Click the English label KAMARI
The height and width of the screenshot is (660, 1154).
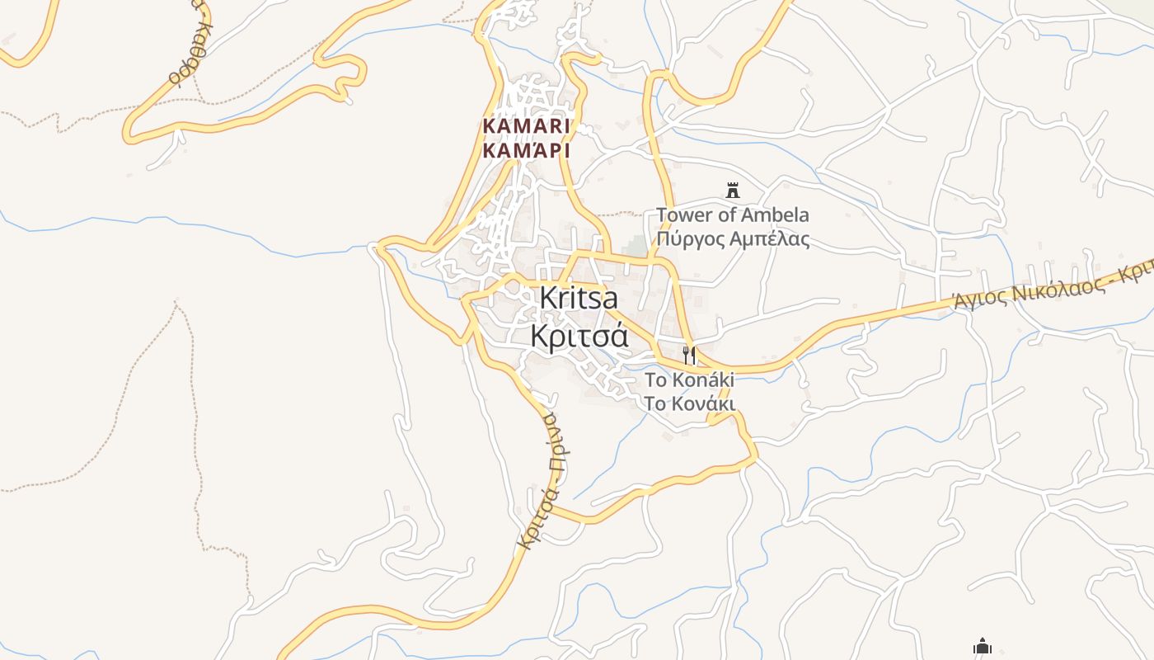[x=526, y=126]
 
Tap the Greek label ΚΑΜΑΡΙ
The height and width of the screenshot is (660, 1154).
[x=526, y=151]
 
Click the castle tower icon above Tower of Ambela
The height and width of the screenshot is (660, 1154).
[x=732, y=191]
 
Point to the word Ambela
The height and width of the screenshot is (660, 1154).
[x=775, y=215]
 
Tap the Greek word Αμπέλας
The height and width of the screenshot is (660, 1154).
[x=771, y=239]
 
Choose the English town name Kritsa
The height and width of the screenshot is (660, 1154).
[x=579, y=298]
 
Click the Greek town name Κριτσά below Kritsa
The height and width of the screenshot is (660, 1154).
[x=579, y=335]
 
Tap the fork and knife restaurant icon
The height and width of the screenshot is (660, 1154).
[x=689, y=356]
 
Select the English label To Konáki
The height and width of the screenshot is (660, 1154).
[x=689, y=380]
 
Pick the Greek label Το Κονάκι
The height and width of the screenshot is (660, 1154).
[x=689, y=403]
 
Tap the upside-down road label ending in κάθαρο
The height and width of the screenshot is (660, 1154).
[x=188, y=49]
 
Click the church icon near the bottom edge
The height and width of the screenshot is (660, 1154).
[x=982, y=645]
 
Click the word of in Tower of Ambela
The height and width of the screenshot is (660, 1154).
[x=723, y=215]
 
